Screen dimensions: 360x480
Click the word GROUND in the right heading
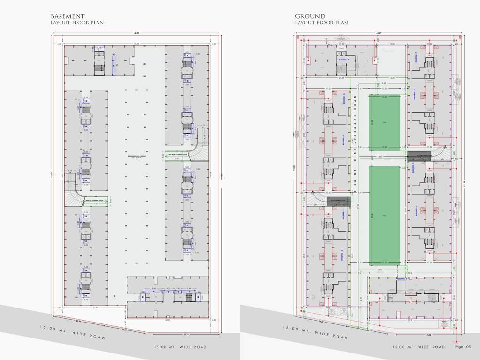click(310, 16)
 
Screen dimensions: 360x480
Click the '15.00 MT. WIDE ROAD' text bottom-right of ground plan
click(419, 347)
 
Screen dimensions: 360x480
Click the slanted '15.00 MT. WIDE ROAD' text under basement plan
click(72, 332)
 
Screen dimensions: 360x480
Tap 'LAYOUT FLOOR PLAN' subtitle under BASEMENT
click(77, 22)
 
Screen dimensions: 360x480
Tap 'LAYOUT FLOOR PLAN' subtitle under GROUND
click(321, 22)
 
